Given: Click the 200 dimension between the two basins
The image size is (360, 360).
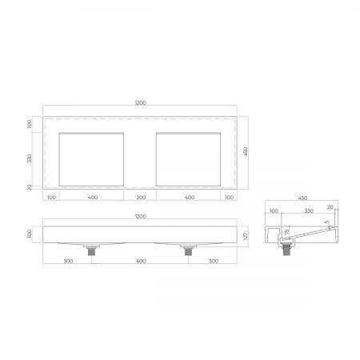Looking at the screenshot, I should tap(141, 197).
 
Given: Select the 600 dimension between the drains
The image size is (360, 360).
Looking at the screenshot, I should tap(141, 261).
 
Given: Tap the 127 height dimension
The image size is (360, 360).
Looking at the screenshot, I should tap(247, 235).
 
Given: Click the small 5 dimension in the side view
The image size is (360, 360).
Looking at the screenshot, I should tap(325, 223).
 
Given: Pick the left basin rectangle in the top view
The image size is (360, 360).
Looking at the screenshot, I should tap(92, 158).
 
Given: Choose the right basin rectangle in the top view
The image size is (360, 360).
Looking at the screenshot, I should tap(189, 158).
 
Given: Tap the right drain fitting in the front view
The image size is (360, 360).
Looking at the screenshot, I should tap(189, 250).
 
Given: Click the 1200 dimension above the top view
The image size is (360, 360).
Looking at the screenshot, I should tap(141, 104).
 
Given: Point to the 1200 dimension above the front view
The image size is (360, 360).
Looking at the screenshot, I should tap(141, 216).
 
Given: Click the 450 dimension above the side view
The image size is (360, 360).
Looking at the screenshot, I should tap(302, 198).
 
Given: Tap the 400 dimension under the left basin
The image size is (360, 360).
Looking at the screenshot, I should tap(92, 197).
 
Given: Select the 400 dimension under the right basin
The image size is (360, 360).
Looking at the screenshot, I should tap(189, 197).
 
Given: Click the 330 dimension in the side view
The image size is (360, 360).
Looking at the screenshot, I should tap(307, 211).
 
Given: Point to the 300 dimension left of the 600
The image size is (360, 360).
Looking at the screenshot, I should tap(68, 261).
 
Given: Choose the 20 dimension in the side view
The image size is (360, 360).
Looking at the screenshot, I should tap(329, 207).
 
